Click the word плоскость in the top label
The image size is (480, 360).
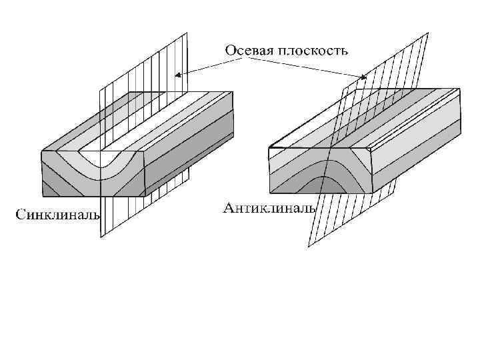click(315, 50)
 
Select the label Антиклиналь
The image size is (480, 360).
click(269, 209)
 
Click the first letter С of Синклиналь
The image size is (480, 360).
click(21, 215)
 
